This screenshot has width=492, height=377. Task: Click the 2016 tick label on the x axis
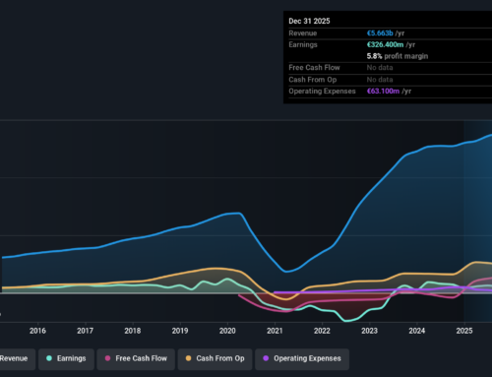(37, 331)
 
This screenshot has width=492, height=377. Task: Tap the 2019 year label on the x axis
(180, 331)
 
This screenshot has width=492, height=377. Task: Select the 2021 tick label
(275, 331)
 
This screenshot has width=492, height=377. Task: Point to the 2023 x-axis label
(370, 331)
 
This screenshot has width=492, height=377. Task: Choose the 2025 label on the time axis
(464, 331)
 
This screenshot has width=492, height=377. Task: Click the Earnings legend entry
(75, 359)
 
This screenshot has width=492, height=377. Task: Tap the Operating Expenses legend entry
(307, 359)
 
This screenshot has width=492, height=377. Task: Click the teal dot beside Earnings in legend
(50, 359)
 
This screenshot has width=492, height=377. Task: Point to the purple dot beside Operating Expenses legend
(265, 359)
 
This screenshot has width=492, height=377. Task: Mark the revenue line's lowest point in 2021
(285, 272)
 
